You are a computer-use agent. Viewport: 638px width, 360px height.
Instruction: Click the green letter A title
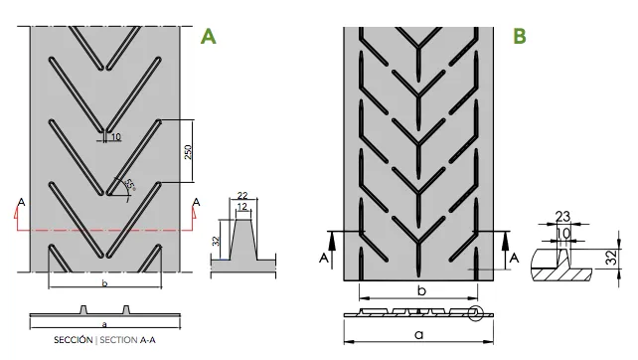[208, 36]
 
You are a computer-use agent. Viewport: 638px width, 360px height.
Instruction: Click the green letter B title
[520, 36]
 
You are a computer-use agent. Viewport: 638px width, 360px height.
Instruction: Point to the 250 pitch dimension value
[188, 152]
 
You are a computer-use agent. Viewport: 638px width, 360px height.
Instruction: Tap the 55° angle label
[130, 185]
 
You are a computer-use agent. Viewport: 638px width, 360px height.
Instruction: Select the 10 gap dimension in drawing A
[116, 137]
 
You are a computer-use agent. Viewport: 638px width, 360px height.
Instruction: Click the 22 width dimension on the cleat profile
[242, 196]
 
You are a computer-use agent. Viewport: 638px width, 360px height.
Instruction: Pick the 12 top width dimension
[242, 207]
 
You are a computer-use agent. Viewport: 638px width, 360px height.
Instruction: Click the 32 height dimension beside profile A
[216, 241]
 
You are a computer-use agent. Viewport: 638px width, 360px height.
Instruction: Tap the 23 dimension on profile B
[562, 216]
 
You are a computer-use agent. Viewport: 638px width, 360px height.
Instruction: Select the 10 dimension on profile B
[563, 234]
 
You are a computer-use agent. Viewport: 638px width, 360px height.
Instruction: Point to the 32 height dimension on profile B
[611, 258]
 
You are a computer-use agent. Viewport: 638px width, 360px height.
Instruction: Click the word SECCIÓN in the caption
[74, 340]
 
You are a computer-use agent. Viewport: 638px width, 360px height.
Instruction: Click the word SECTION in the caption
[118, 340]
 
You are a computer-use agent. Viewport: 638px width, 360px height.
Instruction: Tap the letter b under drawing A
[104, 283]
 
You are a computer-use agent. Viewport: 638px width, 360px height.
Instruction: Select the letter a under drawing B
[418, 335]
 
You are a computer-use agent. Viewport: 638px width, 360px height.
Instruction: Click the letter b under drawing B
[421, 290]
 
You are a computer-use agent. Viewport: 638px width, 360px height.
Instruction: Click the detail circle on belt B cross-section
[475, 313]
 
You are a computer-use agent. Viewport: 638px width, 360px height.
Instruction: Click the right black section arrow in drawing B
[506, 251]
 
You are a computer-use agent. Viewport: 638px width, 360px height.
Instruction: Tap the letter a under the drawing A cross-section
[104, 324]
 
